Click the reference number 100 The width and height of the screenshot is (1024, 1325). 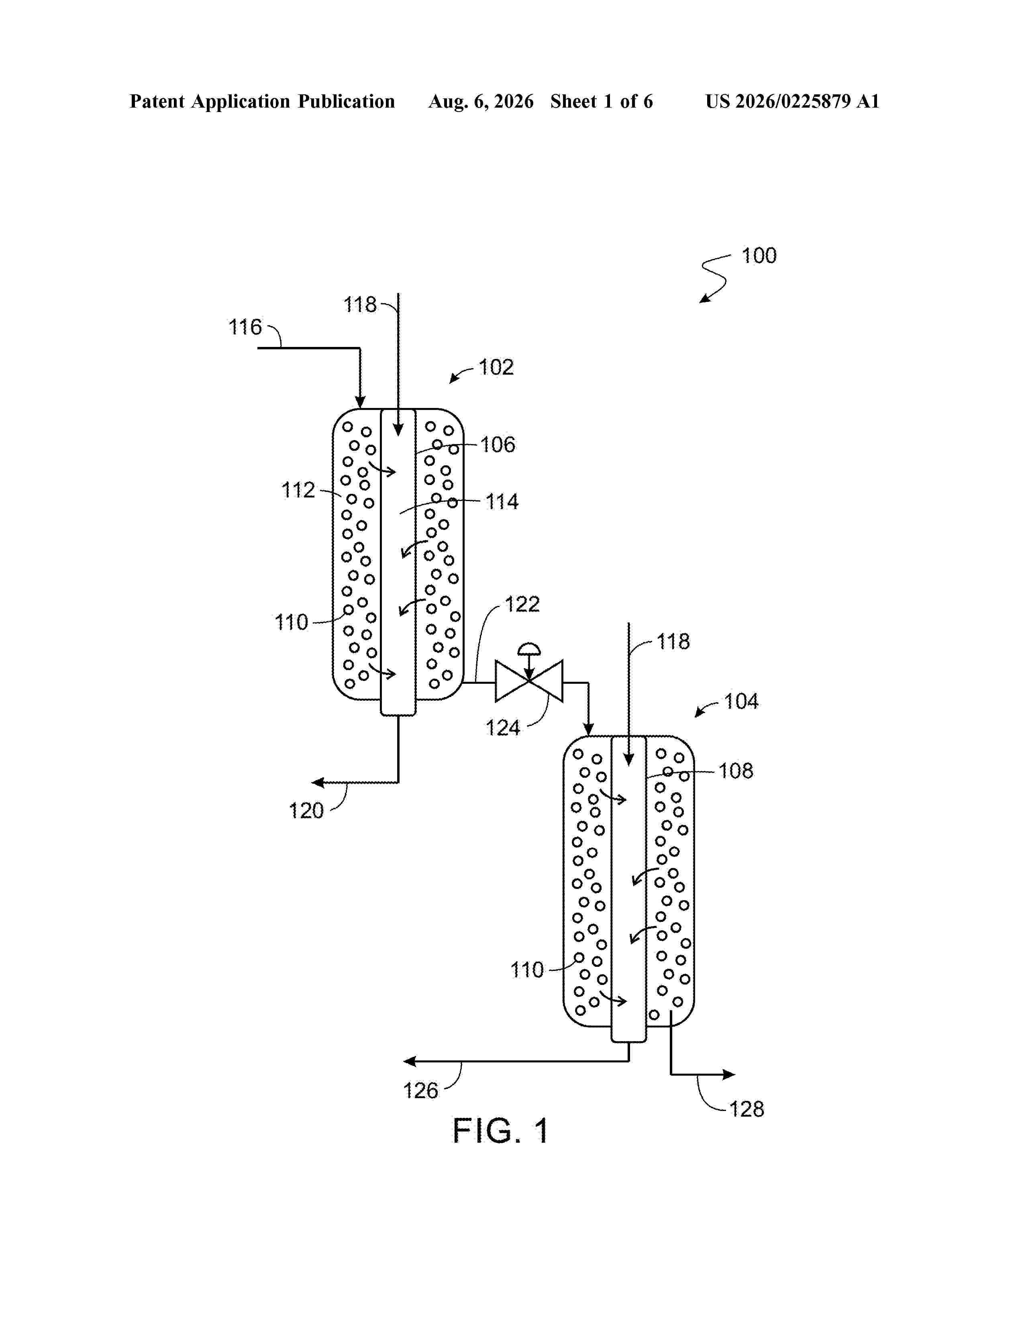(x=759, y=255)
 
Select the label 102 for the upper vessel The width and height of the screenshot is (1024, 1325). (x=496, y=367)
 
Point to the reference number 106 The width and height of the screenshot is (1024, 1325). (x=498, y=445)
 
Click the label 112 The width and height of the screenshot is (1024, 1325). (x=298, y=489)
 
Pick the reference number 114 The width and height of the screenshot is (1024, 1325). (x=502, y=502)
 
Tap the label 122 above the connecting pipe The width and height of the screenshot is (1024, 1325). (x=522, y=604)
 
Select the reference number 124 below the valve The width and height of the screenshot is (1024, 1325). (x=503, y=728)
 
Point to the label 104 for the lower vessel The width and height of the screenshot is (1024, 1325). (x=741, y=701)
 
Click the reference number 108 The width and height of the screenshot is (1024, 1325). (x=736, y=771)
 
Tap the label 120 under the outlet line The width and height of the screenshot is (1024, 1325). (x=306, y=811)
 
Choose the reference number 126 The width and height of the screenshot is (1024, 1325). (x=420, y=1091)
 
